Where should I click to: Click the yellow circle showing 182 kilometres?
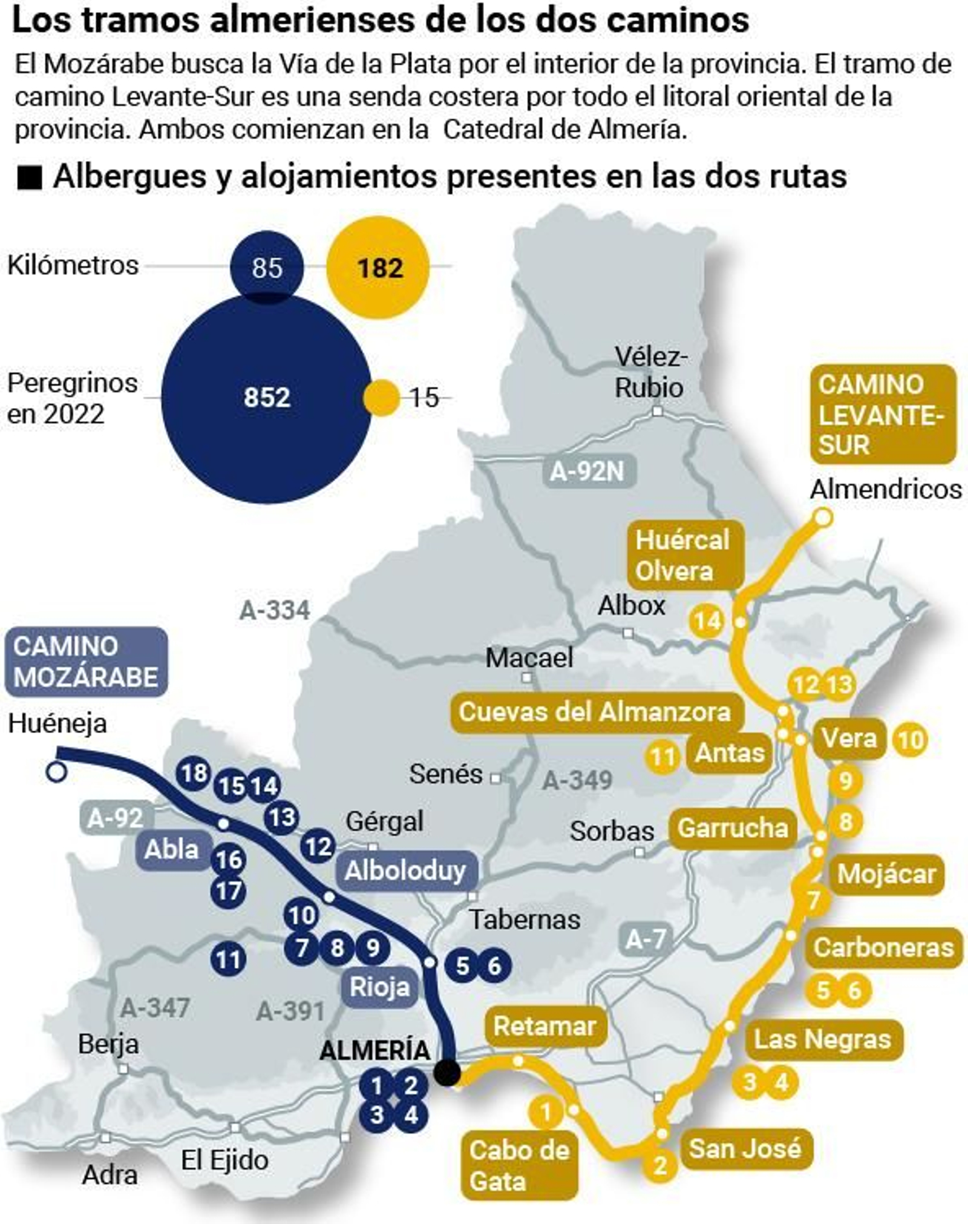378,268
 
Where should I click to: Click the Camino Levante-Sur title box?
883,415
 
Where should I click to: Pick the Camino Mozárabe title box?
86,662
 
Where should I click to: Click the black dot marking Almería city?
447,1073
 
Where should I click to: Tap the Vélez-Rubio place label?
650,372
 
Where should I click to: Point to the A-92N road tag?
586,470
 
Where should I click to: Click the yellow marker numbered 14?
707,621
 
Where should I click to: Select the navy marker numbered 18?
194,773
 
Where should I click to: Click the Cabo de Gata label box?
519,1165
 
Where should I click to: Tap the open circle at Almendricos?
823,518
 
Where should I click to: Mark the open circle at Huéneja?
56,772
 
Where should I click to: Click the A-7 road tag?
646,939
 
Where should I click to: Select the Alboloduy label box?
405,872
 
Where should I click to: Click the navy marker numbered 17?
228,891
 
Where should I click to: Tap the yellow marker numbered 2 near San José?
660,1164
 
